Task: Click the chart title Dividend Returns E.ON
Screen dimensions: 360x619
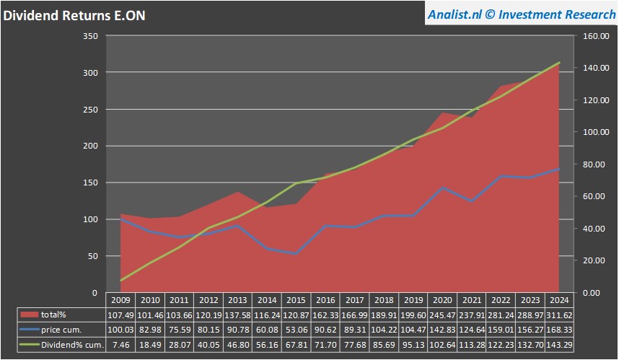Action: coord(74,15)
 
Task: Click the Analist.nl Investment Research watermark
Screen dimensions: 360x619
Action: coord(519,14)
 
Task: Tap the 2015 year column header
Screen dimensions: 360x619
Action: coord(295,300)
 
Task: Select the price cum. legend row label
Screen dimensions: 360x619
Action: coord(66,330)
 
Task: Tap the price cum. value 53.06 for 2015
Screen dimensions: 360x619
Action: coord(295,330)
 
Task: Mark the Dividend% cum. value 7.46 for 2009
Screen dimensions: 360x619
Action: coord(120,345)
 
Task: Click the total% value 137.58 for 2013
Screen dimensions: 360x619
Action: coord(238,315)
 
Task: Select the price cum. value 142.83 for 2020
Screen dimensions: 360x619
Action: coord(442,330)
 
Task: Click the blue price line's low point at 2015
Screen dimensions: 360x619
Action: coord(295,253)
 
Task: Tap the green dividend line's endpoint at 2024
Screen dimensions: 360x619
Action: coord(560,63)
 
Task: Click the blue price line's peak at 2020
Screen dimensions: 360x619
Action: coord(442,188)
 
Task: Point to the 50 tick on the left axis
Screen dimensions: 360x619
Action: coord(93,256)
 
